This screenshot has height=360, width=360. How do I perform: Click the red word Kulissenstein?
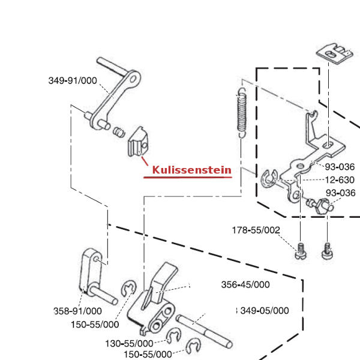coord(191,170)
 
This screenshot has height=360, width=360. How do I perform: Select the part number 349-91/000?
coord(73,81)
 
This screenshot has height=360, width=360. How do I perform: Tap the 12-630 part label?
coord(340,179)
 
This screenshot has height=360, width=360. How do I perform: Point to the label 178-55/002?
coord(256,230)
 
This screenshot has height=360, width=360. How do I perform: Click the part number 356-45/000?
coord(245,285)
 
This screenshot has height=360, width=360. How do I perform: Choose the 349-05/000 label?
coord(264,310)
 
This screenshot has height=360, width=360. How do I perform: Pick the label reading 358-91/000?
coord(77,311)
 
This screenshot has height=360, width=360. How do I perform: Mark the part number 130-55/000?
coord(128,343)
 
